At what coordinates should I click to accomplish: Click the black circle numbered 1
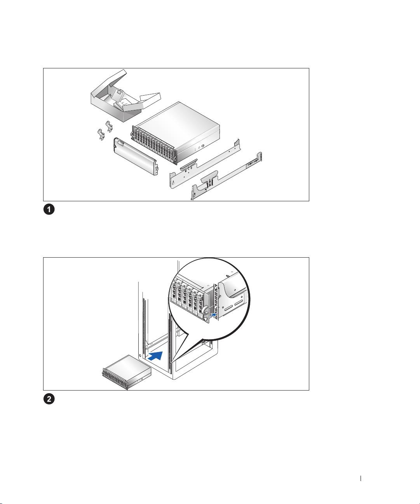49,209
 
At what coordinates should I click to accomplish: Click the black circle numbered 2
49,399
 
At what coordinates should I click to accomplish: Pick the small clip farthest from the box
101,135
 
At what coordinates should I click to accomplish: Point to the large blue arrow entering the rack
155,356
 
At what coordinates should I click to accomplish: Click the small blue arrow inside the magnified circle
213,314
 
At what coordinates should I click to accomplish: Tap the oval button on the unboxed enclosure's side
202,146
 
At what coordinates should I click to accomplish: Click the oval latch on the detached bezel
120,144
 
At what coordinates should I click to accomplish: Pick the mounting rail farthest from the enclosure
227,176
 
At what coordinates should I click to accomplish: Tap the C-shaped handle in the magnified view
205,310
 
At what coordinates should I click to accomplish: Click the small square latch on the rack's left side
140,356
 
